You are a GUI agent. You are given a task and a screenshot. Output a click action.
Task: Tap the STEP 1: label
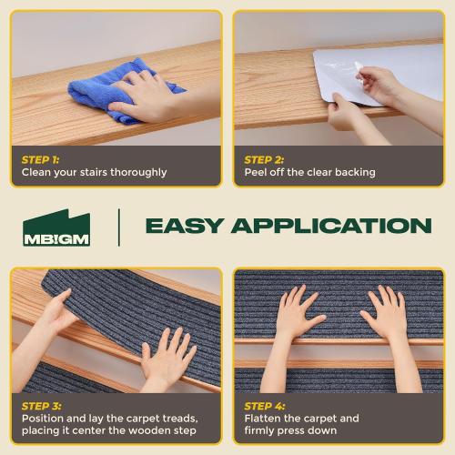click(41, 158)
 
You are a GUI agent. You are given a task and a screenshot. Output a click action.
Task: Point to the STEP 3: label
click(41, 405)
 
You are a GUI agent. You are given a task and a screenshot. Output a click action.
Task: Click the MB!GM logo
click(56, 227)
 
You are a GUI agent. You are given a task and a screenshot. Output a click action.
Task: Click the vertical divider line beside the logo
click(118, 227)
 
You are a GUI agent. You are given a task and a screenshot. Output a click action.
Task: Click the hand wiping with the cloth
click(146, 98)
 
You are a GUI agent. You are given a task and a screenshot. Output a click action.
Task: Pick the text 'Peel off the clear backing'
click(309, 172)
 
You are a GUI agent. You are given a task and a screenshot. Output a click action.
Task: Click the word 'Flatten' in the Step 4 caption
click(265, 419)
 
